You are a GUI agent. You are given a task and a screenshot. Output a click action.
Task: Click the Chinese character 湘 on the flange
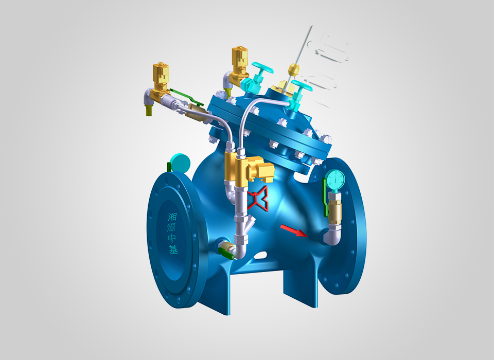click(x=172, y=217)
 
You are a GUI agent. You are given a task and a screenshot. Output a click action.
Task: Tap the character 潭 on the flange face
click(x=172, y=227)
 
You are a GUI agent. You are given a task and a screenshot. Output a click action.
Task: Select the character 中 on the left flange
click(x=173, y=238)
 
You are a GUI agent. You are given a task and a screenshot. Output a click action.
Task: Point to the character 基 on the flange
click(x=173, y=249)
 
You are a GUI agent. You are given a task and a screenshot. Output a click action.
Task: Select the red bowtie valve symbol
click(x=258, y=198)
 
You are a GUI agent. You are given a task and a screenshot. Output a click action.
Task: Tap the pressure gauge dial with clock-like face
click(x=336, y=179)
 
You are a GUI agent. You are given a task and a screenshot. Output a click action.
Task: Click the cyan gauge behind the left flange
click(x=180, y=162)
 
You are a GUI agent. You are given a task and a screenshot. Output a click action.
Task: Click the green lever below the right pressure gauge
click(x=325, y=197)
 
